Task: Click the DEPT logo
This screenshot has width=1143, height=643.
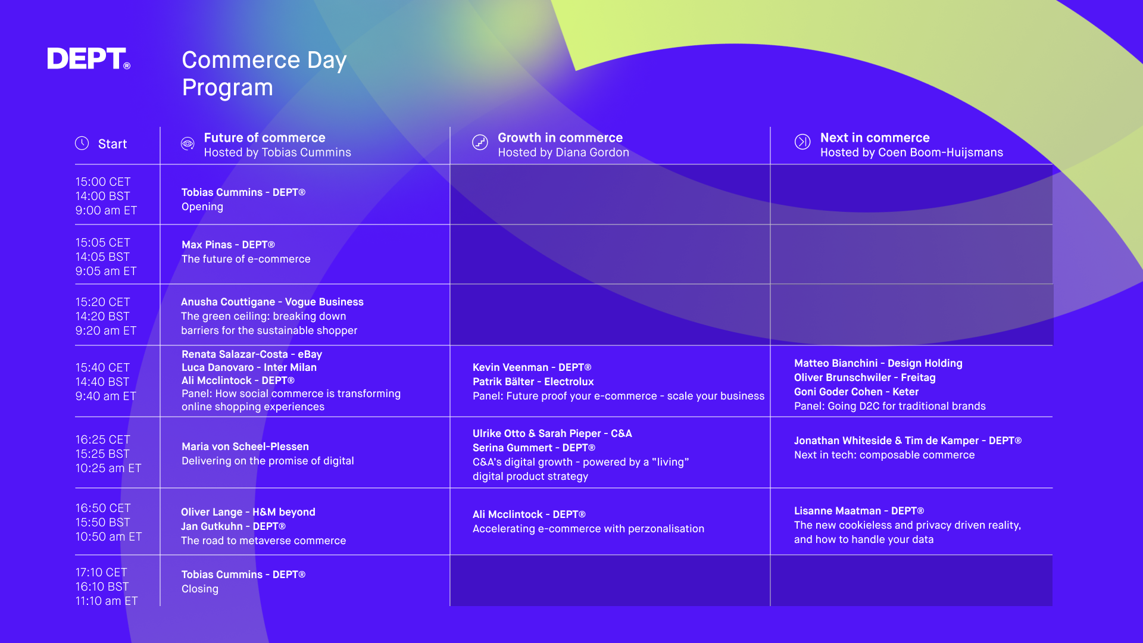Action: point(89,58)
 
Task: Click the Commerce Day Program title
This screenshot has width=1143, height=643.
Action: point(264,73)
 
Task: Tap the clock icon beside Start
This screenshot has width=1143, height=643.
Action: point(82,143)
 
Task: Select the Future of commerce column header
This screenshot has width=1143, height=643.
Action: point(264,138)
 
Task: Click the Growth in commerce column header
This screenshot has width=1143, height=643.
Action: point(560,138)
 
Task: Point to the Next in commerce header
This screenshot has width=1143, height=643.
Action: point(875,138)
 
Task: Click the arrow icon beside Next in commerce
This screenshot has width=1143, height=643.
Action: point(802,142)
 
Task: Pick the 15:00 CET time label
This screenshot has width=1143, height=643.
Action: point(103,182)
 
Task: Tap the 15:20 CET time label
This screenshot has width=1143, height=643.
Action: point(102,302)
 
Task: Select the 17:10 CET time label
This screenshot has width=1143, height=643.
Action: point(101,572)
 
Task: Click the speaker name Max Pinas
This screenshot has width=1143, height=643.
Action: point(207,245)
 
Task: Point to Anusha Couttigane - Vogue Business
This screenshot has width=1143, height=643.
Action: point(272,302)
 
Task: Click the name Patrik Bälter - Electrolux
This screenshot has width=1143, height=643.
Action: point(533,382)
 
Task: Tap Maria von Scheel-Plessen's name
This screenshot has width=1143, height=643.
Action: point(245,447)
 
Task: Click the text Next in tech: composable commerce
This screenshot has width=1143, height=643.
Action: point(884,455)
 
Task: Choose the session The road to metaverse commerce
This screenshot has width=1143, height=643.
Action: point(263,541)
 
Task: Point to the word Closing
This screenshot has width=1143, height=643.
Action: point(200,589)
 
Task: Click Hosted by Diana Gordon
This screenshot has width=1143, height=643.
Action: point(563,152)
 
